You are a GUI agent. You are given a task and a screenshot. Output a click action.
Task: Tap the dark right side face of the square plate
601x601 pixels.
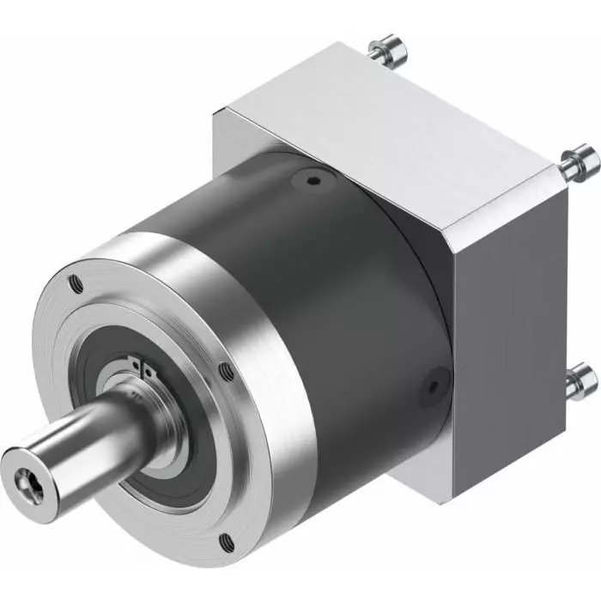pyautogui.click(x=507, y=326)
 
